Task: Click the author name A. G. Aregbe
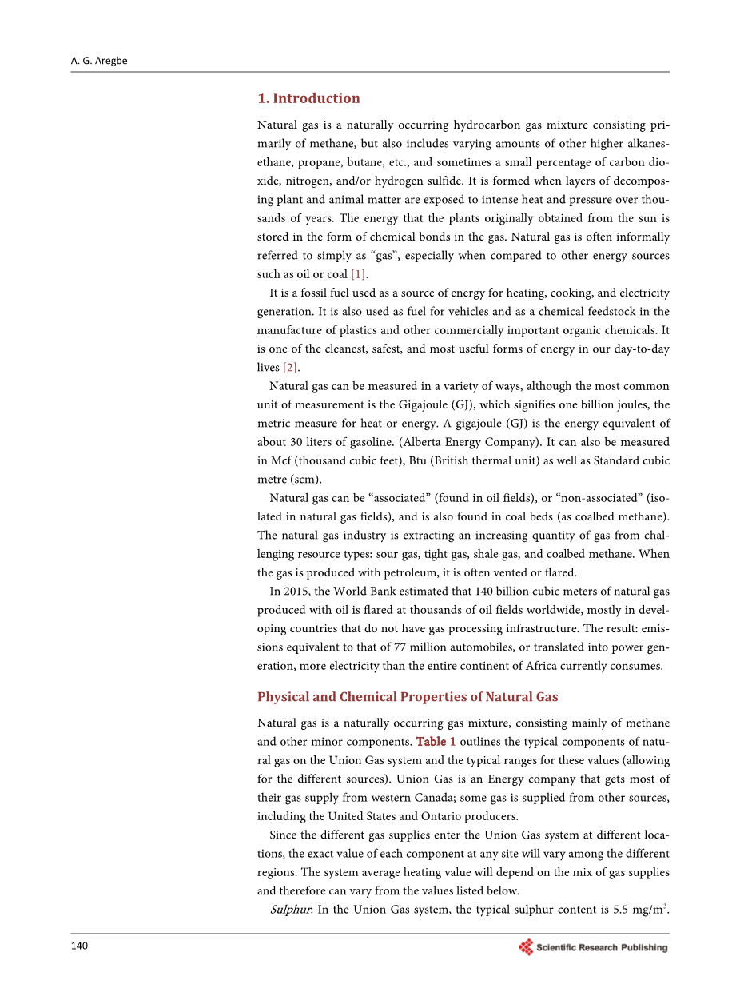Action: coord(98,61)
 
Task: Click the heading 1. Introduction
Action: coord(308,98)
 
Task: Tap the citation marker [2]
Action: coord(290,367)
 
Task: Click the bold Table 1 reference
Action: coord(436,742)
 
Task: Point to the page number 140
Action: coord(79,946)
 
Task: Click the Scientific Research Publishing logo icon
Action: coord(526,947)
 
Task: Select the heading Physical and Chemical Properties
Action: coord(408,697)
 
